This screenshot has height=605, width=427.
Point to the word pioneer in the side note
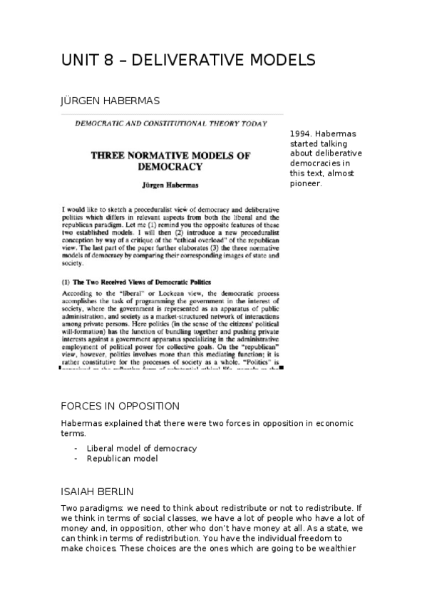click(307, 183)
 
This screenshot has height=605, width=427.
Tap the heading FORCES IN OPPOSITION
click(120, 406)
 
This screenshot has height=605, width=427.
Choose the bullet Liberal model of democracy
click(142, 448)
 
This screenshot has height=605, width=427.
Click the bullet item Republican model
click(122, 458)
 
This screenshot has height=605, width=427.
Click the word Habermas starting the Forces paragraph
click(81, 423)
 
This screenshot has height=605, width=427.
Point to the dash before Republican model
click(76, 458)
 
